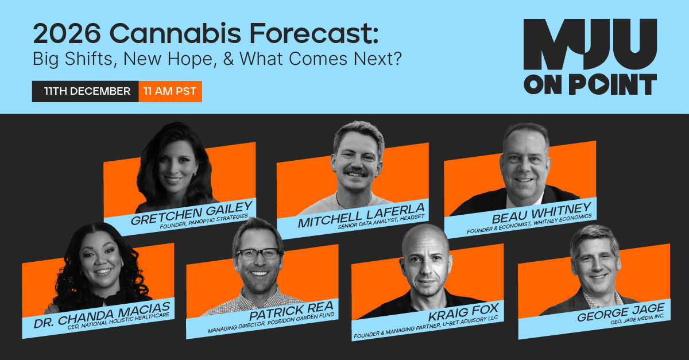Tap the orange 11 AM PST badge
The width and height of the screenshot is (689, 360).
(170, 91)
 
